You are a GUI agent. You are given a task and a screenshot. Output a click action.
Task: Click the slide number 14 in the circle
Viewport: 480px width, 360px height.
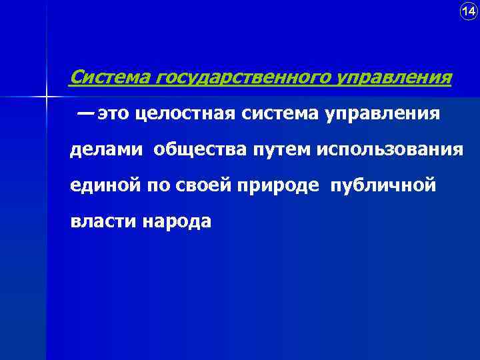pos(469,11)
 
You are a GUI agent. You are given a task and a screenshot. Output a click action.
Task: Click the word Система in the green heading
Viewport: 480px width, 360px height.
pos(111,78)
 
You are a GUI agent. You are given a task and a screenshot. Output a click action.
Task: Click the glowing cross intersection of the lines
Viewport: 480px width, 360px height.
pos(47,97)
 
